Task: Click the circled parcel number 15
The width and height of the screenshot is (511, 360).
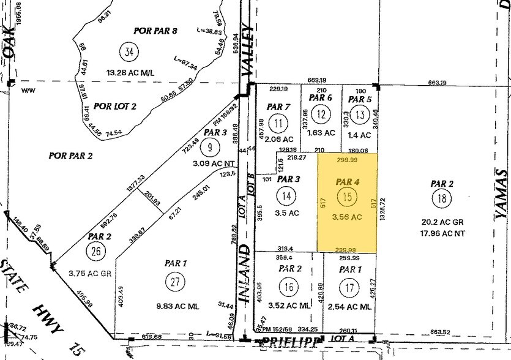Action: click(347, 197)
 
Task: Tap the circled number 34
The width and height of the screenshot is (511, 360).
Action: click(128, 51)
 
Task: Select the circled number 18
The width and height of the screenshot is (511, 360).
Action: click(441, 199)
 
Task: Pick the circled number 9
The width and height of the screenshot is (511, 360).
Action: click(211, 146)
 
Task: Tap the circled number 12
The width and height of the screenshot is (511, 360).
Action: click(320, 114)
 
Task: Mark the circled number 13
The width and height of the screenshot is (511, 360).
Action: click(360, 115)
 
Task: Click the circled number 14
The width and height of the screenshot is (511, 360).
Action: click(285, 196)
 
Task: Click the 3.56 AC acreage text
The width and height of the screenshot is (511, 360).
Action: click(347, 216)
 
